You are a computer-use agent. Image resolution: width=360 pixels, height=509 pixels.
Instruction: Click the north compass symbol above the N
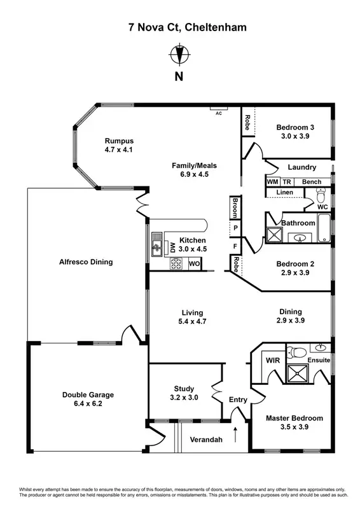pyautogui.click(x=179, y=55)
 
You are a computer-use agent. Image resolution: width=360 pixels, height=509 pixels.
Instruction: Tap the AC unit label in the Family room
pyautogui.click(x=218, y=113)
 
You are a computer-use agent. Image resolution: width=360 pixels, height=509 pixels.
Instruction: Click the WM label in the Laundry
pyautogui.click(x=273, y=182)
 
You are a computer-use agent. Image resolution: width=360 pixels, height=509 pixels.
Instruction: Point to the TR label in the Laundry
pyautogui.click(x=287, y=182)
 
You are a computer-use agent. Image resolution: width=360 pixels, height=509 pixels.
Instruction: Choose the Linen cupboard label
pyautogui.click(x=284, y=192)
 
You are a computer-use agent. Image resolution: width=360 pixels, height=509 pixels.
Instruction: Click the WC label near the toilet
pyautogui.click(x=322, y=207)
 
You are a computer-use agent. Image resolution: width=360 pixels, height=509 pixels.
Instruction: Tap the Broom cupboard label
pyautogui.click(x=235, y=206)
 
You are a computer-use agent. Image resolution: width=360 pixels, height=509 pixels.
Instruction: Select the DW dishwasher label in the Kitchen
pyautogui.click(x=172, y=248)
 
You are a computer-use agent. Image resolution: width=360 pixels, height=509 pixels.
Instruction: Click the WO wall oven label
pyautogui.click(x=194, y=263)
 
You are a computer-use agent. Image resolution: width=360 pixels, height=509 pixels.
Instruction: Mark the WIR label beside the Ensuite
pyautogui.click(x=272, y=360)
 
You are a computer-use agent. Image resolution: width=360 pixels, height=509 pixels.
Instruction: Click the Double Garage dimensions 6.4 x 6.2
pyautogui.click(x=88, y=403)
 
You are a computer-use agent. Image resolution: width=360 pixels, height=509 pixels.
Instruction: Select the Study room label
pyautogui.click(x=184, y=389)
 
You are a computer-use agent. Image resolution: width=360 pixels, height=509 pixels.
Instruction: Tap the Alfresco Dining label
pyautogui.click(x=86, y=261)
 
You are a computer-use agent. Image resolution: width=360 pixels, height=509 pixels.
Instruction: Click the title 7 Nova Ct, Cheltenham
pyautogui.click(x=179, y=27)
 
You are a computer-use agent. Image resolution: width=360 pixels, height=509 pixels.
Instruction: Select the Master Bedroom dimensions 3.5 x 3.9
pyautogui.click(x=294, y=427)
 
